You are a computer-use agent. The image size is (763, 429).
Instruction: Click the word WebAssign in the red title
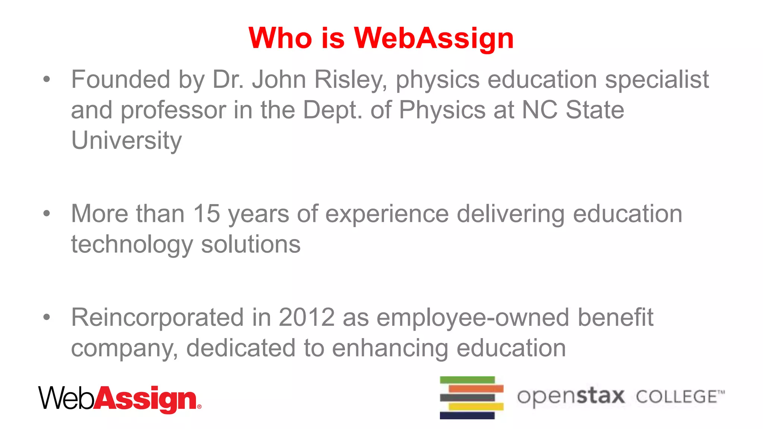tap(434, 38)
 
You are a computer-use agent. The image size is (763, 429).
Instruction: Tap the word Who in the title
tap(280, 38)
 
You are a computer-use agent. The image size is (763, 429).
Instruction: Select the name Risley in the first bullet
tap(351, 80)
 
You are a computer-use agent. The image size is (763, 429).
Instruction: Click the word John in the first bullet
tap(279, 80)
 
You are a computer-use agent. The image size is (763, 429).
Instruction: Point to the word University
tap(126, 141)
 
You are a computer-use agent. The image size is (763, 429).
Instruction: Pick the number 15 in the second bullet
tap(206, 214)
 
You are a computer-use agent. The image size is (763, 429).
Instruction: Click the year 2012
tap(307, 317)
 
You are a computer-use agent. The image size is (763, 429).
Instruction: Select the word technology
tap(132, 245)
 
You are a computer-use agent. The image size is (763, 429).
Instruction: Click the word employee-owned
tap(473, 317)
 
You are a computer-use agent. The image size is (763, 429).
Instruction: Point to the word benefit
tap(615, 317)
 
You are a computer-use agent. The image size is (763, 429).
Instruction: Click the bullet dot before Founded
tap(47, 79)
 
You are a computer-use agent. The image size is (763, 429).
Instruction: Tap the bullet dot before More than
tap(47, 213)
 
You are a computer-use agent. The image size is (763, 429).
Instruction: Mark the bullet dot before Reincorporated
tap(47, 317)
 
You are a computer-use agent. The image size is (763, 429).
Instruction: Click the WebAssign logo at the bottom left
tap(120, 399)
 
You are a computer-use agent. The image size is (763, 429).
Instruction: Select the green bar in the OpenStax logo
tap(467, 380)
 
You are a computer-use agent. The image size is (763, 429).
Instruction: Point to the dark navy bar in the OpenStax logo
tap(467, 415)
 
